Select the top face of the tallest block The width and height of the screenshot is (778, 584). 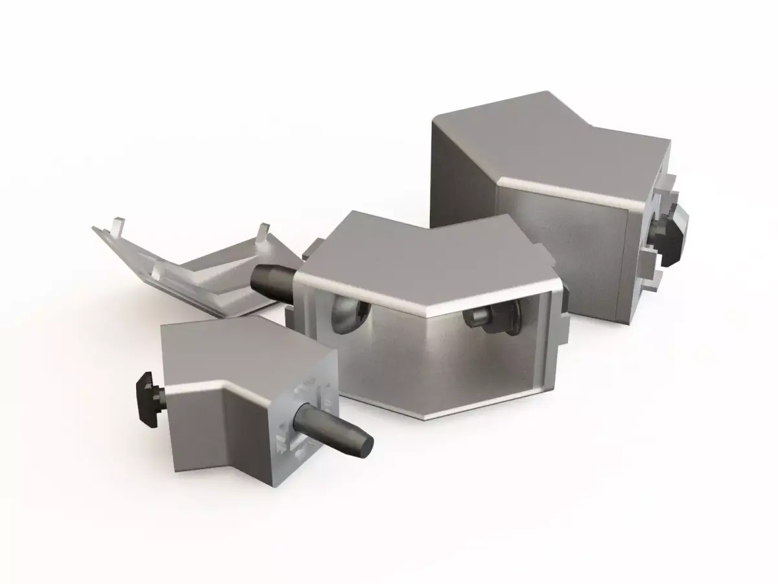(x=545, y=149)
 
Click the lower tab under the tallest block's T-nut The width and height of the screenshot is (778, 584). (x=652, y=279)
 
